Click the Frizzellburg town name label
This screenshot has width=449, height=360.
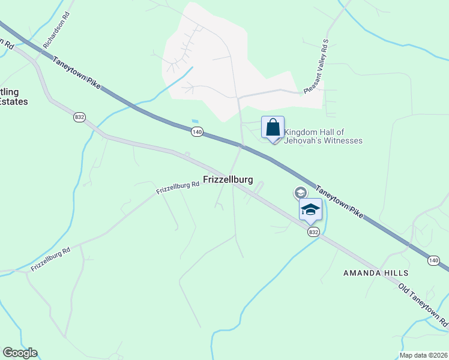click(x=228, y=179)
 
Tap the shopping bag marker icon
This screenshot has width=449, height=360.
click(x=273, y=128)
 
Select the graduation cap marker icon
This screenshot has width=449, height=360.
click(x=310, y=210)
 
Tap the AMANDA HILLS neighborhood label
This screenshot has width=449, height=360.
click(x=370, y=272)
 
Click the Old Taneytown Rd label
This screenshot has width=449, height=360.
click(x=423, y=306)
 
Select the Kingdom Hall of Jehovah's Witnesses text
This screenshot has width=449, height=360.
click(x=323, y=136)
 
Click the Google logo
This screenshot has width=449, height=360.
click(x=20, y=353)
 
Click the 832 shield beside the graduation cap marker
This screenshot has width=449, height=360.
click(x=312, y=232)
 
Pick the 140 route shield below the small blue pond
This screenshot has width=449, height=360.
click(x=196, y=130)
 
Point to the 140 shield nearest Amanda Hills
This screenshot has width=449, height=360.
click(x=433, y=260)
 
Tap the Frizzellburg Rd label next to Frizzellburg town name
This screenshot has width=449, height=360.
click(x=178, y=188)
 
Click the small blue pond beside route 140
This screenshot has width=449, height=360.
click(x=194, y=120)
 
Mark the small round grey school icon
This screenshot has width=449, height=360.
click(x=299, y=193)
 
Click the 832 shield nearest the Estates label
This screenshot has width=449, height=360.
click(x=79, y=117)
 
